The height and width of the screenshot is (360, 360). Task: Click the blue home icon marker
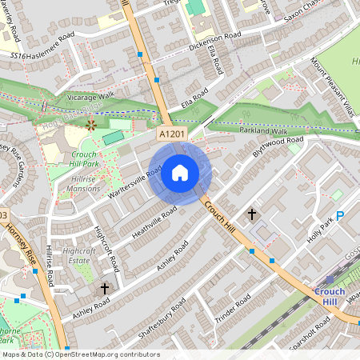coord(180,172)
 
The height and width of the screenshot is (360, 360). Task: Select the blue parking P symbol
coord(340,215)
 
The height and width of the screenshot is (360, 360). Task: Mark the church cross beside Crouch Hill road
coord(252,214)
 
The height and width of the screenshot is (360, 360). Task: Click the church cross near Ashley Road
coord(104,288)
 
